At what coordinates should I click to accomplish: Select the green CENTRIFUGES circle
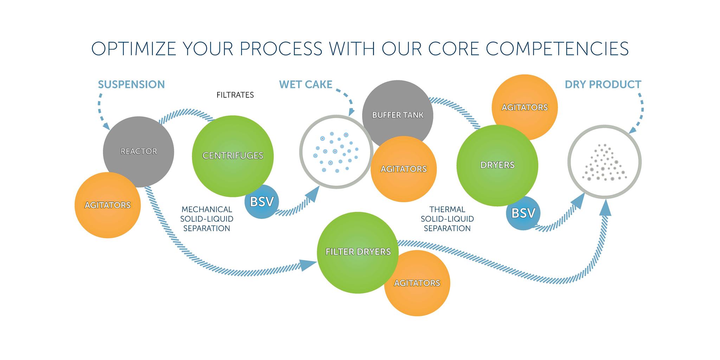pyautogui.click(x=233, y=156)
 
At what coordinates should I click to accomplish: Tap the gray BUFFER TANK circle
pyautogui.click(x=398, y=109)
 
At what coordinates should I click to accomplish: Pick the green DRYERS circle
pyautogui.click(x=497, y=165)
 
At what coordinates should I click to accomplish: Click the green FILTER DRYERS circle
pyautogui.click(x=358, y=252)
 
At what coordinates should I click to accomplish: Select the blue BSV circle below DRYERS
pyautogui.click(x=523, y=213)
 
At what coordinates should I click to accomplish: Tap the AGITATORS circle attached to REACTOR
pyautogui.click(x=108, y=205)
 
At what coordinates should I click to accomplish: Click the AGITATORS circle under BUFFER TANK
pyautogui.click(x=404, y=169)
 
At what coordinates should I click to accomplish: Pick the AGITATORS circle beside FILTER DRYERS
pyautogui.click(x=417, y=283)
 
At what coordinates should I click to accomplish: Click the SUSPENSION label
pyautogui.click(x=131, y=85)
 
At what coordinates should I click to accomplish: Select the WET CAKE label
pyautogui.click(x=306, y=85)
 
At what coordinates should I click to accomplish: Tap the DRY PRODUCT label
pyautogui.click(x=603, y=85)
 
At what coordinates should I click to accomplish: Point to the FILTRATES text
pyautogui.click(x=235, y=95)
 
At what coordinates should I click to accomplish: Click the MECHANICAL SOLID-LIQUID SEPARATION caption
pyautogui.click(x=207, y=219)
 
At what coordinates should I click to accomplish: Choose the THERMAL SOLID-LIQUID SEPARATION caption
pyautogui.click(x=447, y=219)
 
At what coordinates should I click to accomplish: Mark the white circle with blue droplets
pyautogui.click(x=336, y=152)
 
